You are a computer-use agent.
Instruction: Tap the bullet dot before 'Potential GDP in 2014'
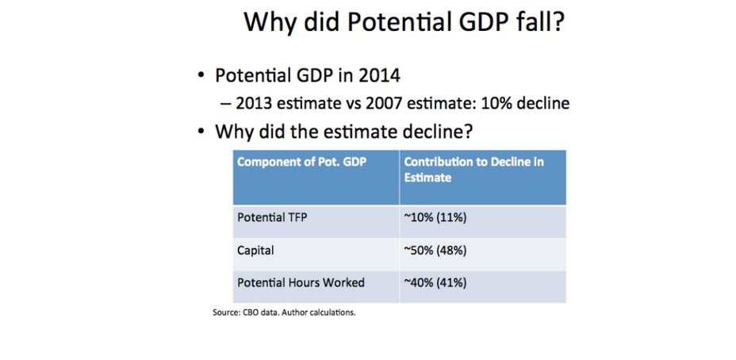click(201, 77)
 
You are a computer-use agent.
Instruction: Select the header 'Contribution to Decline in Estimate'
click(473, 170)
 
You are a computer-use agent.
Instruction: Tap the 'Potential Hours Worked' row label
click(301, 282)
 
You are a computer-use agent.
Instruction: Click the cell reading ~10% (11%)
click(435, 216)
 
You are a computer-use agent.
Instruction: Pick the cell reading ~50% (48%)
click(435, 250)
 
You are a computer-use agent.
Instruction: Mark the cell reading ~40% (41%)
click(435, 282)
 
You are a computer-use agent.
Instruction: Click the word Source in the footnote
click(226, 312)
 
